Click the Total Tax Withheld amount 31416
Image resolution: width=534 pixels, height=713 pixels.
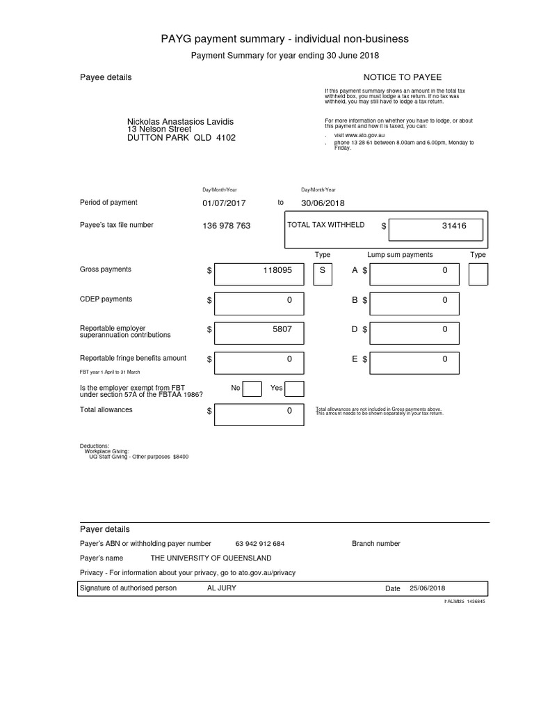[453, 226]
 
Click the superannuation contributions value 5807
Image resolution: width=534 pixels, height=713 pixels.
[282, 329]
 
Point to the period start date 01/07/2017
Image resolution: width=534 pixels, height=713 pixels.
[225, 203]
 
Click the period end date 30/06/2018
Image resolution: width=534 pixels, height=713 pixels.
[323, 203]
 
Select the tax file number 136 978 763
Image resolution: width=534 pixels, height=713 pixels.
[227, 226]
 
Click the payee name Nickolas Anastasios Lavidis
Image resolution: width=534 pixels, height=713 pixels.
[180, 122]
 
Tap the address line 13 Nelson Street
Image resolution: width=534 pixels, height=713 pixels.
[159, 130]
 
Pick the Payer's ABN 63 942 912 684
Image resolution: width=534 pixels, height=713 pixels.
[260, 544]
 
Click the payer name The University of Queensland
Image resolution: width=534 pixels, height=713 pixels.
[211, 558]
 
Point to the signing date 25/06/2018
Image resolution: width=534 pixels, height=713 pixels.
[428, 588]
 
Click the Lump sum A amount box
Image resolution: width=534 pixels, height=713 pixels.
[414, 274]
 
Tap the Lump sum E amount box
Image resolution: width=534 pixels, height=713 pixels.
[414, 363]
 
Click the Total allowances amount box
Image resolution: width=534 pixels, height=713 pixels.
[259, 416]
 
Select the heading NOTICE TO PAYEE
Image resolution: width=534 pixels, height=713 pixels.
[403, 77]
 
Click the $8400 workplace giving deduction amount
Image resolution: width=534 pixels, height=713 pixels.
[181, 457]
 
